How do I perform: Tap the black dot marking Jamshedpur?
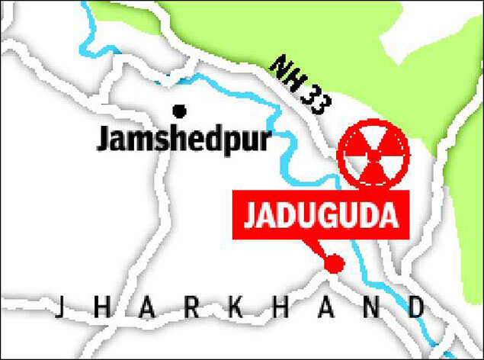[x=180, y=111]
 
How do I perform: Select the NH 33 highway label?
[x=300, y=87]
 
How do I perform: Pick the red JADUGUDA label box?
[x=322, y=216]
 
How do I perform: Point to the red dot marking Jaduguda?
[x=333, y=264]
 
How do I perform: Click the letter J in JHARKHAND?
[x=59, y=309]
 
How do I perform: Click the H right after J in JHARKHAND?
[x=103, y=309]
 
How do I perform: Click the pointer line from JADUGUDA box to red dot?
[x=316, y=249]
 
